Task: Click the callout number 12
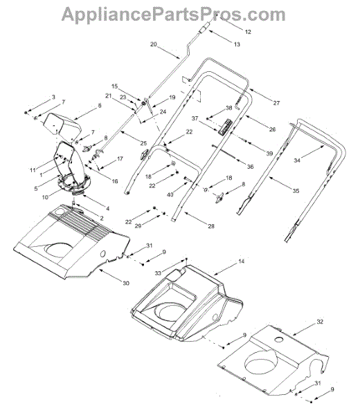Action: pos(248,32)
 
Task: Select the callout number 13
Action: pos(237,44)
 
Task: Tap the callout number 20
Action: pos(154,44)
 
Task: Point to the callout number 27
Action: pos(276,103)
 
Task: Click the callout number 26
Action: pos(272,129)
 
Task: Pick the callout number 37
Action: pos(195,118)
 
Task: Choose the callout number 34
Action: pos(297,160)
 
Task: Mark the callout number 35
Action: pos(296,191)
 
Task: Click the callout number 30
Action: pos(126,283)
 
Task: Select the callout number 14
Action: pos(242,261)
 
